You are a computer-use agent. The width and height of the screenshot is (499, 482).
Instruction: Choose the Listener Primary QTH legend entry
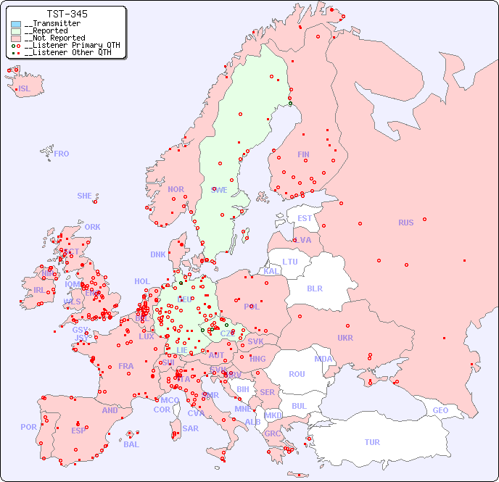click(x=65, y=45)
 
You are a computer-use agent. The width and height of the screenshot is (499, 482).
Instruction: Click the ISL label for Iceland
click(x=25, y=89)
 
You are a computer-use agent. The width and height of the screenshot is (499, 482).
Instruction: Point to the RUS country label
click(x=405, y=223)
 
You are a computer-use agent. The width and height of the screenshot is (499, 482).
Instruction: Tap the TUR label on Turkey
click(x=372, y=442)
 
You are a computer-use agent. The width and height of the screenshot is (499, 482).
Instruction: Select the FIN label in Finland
click(x=303, y=154)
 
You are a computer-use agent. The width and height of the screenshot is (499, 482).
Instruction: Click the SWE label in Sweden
click(x=219, y=190)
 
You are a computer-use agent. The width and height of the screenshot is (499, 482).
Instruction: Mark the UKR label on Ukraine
click(x=345, y=338)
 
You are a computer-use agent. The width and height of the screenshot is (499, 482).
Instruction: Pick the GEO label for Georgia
click(x=440, y=410)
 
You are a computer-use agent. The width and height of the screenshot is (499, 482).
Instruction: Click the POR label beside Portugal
click(x=28, y=427)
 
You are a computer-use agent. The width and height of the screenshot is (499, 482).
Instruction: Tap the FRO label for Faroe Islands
click(x=62, y=154)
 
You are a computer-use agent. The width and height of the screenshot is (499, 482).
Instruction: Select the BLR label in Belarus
click(x=315, y=288)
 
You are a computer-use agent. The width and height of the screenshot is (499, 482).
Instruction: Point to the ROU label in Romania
click(x=297, y=374)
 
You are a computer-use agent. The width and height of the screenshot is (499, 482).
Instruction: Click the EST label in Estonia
click(x=305, y=218)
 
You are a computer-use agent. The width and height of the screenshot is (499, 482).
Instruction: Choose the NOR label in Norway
click(x=176, y=189)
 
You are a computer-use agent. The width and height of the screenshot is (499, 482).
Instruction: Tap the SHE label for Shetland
click(x=85, y=196)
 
